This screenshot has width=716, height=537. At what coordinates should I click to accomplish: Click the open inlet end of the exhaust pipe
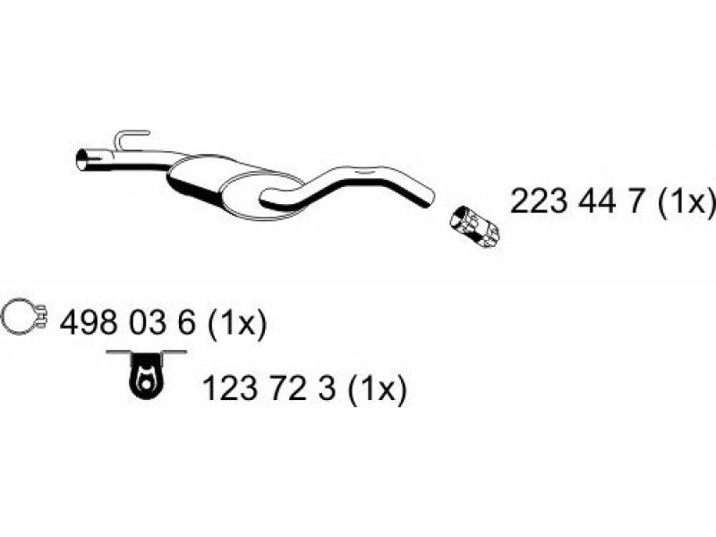82,160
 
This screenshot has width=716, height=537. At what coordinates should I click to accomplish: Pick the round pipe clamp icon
23,317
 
